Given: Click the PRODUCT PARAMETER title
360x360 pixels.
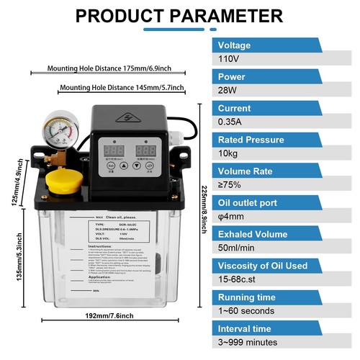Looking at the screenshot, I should coord(179,15).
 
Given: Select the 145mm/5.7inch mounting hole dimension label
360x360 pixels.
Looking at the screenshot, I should coord(122,88).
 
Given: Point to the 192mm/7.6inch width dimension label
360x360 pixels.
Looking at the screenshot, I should coord(109,315).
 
